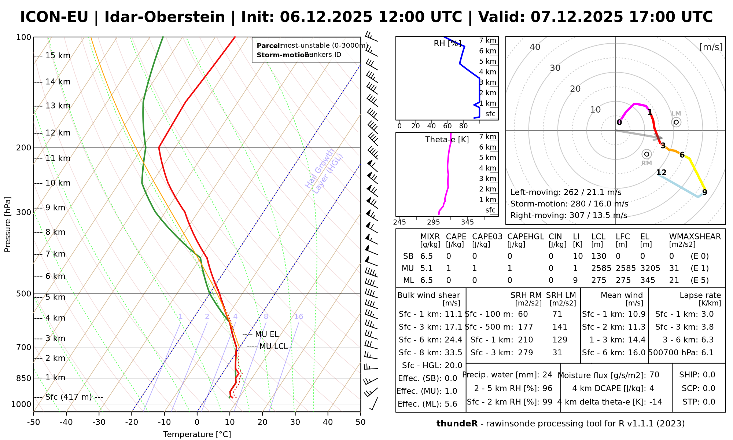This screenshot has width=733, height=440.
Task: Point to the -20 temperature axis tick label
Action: tap(132, 422)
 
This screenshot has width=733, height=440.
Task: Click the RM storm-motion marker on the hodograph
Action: tap(647, 154)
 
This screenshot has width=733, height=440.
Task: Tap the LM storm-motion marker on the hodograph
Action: tap(676, 122)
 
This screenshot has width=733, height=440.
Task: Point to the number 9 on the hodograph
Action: tap(704, 192)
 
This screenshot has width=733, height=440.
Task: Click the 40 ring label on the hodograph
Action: tap(535, 47)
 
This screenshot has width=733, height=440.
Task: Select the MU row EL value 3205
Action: tap(650, 268)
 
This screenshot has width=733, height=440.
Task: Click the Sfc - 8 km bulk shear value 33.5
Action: tap(453, 353)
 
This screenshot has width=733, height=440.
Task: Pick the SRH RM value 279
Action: tap(525, 353)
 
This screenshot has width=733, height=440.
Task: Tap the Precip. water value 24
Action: tap(547, 375)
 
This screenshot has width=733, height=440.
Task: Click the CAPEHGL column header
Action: tap(526, 237)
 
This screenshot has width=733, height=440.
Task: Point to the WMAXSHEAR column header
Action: tap(695, 237)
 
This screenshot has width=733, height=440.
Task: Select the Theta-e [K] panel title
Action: tap(447, 140)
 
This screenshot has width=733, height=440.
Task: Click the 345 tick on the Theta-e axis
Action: tap(467, 222)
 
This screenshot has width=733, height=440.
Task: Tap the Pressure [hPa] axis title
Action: tap(8, 224)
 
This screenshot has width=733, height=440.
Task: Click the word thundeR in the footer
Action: tap(457, 424)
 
